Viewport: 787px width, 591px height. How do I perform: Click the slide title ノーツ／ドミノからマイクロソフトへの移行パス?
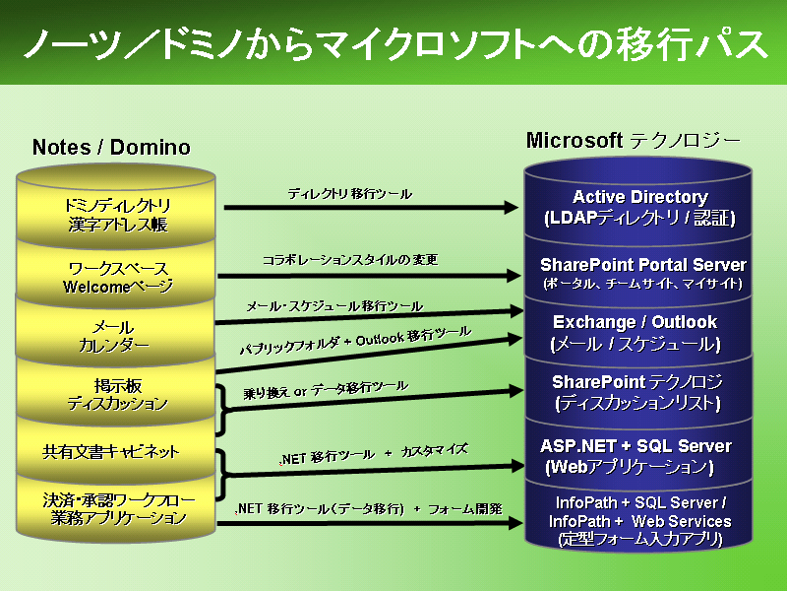point(395,44)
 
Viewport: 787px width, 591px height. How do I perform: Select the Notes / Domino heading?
point(111,147)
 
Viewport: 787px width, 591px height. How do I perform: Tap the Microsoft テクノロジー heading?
point(634,140)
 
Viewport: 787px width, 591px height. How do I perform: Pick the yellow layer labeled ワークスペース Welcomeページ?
point(116,276)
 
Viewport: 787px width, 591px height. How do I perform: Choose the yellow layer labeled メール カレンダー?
point(116,335)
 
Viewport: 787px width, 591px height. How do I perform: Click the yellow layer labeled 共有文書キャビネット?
point(116,452)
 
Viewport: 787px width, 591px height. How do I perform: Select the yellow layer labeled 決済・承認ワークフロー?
point(116,508)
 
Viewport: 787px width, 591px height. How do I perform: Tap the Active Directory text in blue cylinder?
point(640,196)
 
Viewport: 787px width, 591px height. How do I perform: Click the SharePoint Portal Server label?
point(643,264)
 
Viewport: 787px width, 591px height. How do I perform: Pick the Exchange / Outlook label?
point(635,322)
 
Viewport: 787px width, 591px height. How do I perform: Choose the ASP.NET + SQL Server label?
point(636,446)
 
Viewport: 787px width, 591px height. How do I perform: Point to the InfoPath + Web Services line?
point(640,521)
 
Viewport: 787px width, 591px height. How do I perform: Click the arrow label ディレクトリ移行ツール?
point(350,194)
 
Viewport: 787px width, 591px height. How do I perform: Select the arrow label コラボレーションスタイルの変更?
point(350,260)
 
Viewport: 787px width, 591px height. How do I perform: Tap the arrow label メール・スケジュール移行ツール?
point(334,306)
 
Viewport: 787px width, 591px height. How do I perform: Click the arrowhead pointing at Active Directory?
point(511,207)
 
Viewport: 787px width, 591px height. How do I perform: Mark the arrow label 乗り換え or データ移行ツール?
point(326,389)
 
